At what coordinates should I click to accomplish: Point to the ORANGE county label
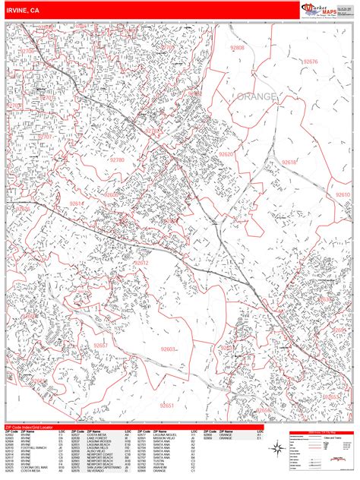coord(257,97)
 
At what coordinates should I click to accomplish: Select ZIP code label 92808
coord(238,47)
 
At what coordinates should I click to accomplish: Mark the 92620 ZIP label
coord(226,154)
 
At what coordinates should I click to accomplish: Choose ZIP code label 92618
coord(289,162)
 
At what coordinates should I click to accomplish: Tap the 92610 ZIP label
coord(343,194)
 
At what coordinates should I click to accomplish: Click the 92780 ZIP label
coord(117,160)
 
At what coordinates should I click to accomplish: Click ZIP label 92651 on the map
coord(167,405)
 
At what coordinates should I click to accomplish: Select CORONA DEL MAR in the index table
coord(33,466)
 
